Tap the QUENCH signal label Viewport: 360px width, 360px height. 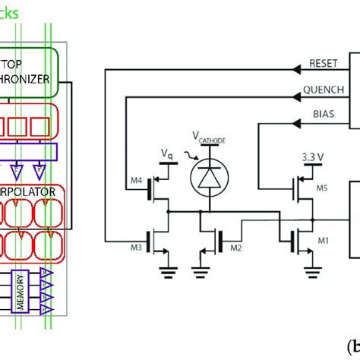click(x=320, y=89)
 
